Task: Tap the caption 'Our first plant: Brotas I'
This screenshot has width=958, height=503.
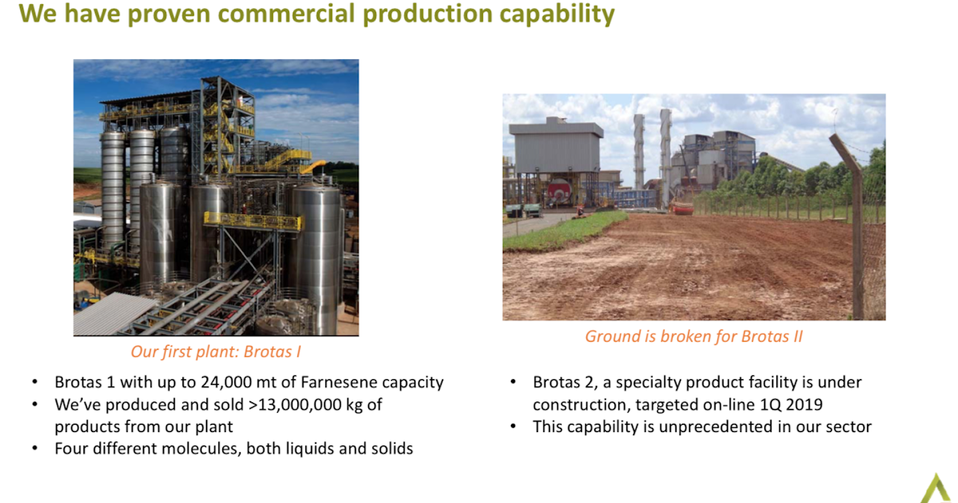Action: coord(216,351)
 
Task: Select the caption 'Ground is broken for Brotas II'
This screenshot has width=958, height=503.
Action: coord(694,336)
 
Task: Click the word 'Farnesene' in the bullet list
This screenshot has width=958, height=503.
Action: coord(342,382)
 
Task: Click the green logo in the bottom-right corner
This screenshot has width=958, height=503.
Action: coord(935,488)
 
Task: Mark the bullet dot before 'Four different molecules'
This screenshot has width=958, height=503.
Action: coord(36,449)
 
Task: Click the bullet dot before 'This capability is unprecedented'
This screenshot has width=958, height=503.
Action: coord(515,427)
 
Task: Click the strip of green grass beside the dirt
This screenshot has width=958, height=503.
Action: coord(551,232)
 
